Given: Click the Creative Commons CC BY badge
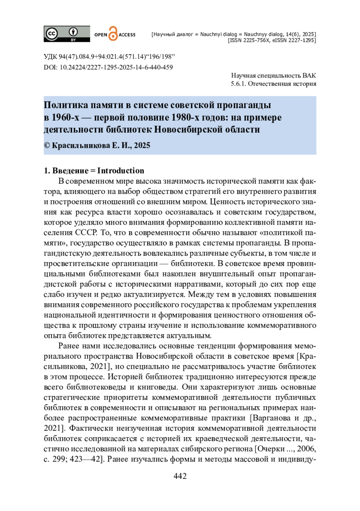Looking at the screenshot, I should (67, 34).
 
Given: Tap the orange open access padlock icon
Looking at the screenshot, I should (113, 34).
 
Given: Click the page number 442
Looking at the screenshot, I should (180, 476).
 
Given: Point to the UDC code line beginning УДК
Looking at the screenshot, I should (109, 57).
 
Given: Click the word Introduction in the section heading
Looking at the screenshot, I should (121, 171).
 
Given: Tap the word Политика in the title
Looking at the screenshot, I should (66, 105).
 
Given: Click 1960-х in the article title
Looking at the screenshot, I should (65, 117).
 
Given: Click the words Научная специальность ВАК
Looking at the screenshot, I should (273, 76).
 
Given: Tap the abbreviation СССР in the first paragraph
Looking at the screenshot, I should (86, 233).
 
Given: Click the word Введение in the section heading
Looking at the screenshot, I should (70, 171).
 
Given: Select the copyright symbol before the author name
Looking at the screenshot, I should (47, 146).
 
